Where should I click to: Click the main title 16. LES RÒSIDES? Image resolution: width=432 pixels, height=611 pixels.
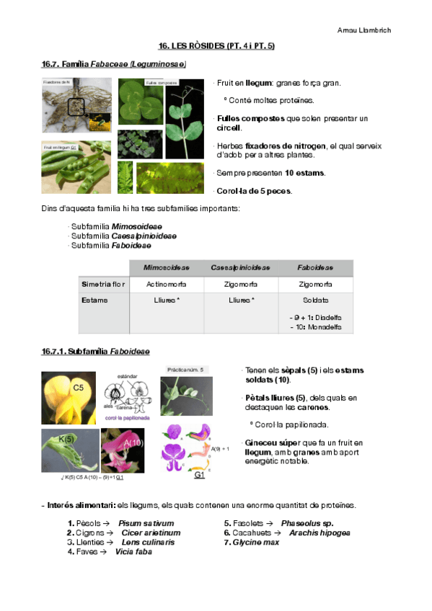tap(216, 46)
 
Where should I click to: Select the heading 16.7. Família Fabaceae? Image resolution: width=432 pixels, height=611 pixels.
tap(113, 65)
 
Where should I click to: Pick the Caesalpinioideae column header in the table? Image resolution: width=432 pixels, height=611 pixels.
tap(240, 267)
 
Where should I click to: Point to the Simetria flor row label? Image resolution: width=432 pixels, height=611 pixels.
tap(103, 285)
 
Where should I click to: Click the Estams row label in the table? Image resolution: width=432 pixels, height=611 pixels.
tap(94, 300)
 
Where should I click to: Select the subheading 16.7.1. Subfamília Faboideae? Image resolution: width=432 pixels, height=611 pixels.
tap(95, 352)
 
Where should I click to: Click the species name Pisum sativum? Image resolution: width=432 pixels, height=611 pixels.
tap(146, 523)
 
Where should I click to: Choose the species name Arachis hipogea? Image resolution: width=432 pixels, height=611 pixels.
tap(319, 532)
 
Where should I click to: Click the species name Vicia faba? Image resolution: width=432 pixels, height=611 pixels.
tap(133, 552)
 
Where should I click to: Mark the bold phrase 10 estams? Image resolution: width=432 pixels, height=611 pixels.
tap(304, 173)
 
